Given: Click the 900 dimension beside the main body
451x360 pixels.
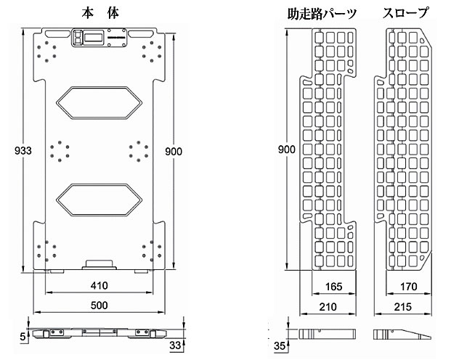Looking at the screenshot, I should coord(173,151).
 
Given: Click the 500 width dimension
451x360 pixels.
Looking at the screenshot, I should coord(100,304).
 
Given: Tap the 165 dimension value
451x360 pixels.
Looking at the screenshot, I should coord(333,285).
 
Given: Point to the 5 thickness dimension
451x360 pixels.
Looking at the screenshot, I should coord(23,337).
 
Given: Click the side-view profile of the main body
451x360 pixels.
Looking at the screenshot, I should coord(100,335).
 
